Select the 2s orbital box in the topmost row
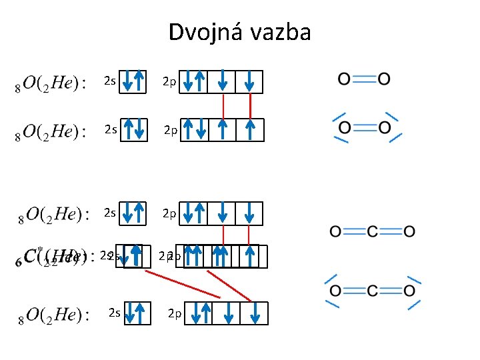coord(133,82)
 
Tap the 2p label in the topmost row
coord(170,82)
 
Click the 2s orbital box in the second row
coord(133,130)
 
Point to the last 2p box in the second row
coord(251,130)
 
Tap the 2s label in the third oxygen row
coord(110,213)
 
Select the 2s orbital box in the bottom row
coord(138,313)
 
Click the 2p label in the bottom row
coord(175,313)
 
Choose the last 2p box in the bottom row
coord(255,313)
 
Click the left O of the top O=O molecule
coord(344,79)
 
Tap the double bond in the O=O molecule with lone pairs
coord(364,127)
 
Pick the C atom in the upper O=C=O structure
coord(373,231)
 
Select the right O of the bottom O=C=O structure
coord(409,291)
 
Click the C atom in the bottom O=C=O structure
coord(373,291)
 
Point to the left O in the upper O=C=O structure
coord(336,231)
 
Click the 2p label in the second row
coord(171,130)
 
